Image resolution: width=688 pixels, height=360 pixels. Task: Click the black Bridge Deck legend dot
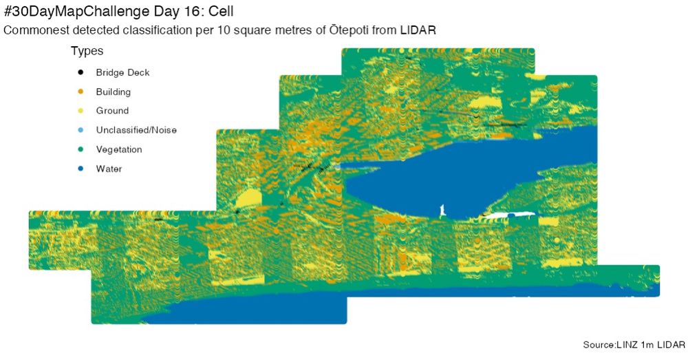click(80, 72)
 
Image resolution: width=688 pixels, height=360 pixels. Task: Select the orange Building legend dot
click(80, 92)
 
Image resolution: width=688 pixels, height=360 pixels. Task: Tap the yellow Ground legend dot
click(80, 111)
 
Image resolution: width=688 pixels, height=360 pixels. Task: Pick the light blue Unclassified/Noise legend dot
click(80, 130)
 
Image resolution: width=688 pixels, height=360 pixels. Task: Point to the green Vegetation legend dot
click(80, 149)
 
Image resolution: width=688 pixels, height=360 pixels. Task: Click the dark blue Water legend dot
click(80, 169)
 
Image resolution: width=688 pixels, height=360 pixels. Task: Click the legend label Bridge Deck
click(122, 72)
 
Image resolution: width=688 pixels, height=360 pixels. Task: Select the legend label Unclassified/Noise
click(136, 130)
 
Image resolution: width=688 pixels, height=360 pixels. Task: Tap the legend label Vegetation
click(119, 149)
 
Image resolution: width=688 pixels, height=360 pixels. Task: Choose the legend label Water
click(109, 169)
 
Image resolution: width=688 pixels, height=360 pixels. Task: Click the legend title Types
click(87, 52)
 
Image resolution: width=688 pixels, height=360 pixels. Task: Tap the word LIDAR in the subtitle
click(418, 31)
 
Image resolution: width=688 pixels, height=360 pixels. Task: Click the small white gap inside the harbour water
click(442, 208)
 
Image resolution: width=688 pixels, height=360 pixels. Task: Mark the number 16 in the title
click(193, 13)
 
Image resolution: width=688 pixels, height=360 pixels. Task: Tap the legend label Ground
click(112, 111)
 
